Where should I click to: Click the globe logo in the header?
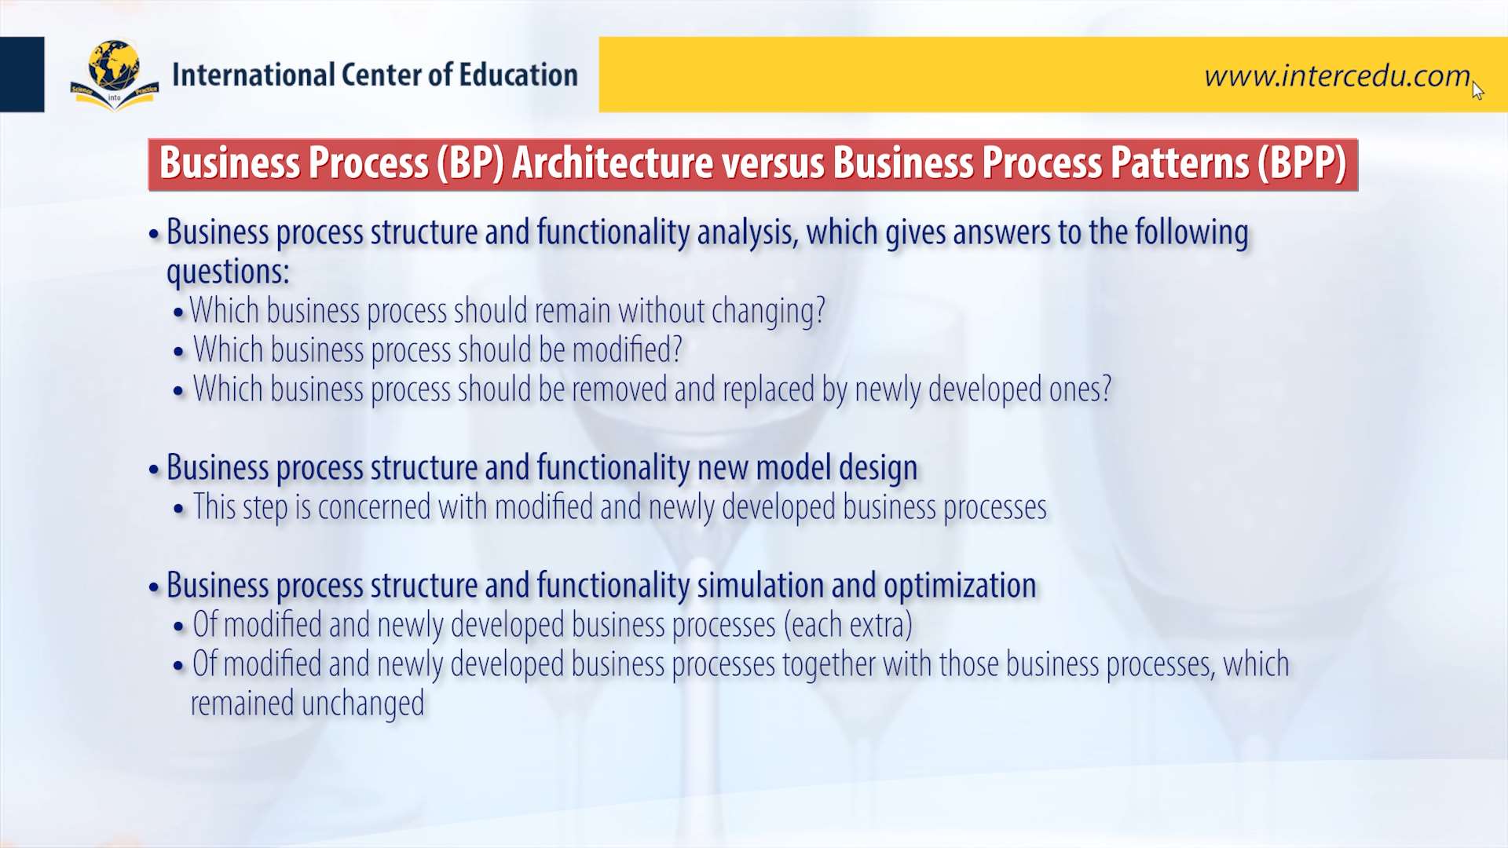point(115,75)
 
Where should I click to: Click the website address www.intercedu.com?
point(1337,75)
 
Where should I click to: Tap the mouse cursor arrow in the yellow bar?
point(1478,90)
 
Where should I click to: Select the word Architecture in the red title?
point(613,163)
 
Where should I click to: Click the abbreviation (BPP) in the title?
point(1301,163)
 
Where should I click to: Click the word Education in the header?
point(518,75)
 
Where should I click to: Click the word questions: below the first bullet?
point(228,272)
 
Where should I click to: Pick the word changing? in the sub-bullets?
point(768,312)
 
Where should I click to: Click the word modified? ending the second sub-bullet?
point(627,350)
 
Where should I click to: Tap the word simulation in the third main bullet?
point(760,586)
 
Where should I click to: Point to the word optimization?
point(960,587)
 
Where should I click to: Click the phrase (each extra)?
point(847,625)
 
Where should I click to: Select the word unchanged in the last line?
point(363,704)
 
